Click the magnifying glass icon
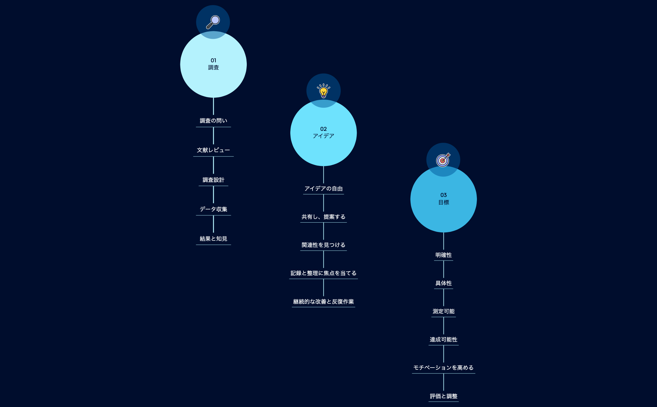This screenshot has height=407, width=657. (x=213, y=22)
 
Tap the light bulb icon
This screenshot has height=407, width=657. (x=323, y=91)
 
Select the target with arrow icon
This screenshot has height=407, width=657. (x=443, y=160)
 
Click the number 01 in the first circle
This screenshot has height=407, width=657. (x=213, y=60)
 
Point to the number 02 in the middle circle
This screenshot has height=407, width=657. (x=323, y=129)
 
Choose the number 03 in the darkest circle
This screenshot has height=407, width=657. (x=443, y=195)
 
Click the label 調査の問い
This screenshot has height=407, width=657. (x=213, y=121)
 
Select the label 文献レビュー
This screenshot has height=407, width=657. (x=213, y=150)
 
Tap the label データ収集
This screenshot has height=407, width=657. (x=213, y=209)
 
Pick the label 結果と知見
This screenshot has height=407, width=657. (x=213, y=239)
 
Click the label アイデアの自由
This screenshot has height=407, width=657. (x=323, y=189)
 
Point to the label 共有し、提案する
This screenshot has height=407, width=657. (x=323, y=217)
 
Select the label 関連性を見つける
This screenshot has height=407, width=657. (x=323, y=245)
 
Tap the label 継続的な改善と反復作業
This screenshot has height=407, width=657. (x=323, y=302)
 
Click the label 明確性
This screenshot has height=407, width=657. (x=443, y=255)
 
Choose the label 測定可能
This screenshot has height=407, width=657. (x=443, y=312)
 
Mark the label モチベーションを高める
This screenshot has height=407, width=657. (x=443, y=368)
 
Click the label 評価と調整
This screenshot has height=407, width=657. (x=443, y=396)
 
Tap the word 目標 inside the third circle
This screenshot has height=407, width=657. (x=443, y=203)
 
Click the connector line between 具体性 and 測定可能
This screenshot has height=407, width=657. (x=443, y=297)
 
